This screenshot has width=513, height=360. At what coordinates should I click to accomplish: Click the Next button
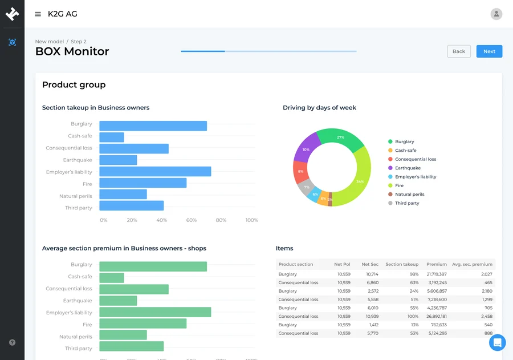489,51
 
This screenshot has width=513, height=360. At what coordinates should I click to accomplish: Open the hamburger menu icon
38,14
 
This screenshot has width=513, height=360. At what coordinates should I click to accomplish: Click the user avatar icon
496,14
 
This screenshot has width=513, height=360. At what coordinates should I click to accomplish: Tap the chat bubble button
497,342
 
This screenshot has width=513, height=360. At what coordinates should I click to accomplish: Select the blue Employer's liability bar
155,172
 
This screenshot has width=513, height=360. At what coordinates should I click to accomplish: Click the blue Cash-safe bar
112,137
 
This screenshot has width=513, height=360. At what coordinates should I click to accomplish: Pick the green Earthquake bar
118,301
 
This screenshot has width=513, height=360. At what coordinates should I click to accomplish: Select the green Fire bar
142,323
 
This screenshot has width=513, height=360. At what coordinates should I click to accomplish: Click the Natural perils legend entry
409,195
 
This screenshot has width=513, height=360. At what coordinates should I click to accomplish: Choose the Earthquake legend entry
408,168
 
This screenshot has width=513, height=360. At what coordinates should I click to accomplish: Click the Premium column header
436,264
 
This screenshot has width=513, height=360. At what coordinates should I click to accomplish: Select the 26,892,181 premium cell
436,316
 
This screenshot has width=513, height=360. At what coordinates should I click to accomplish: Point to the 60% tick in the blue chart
192,220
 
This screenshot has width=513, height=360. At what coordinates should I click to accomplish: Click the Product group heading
74,85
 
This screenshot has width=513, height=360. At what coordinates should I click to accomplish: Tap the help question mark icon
12,342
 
